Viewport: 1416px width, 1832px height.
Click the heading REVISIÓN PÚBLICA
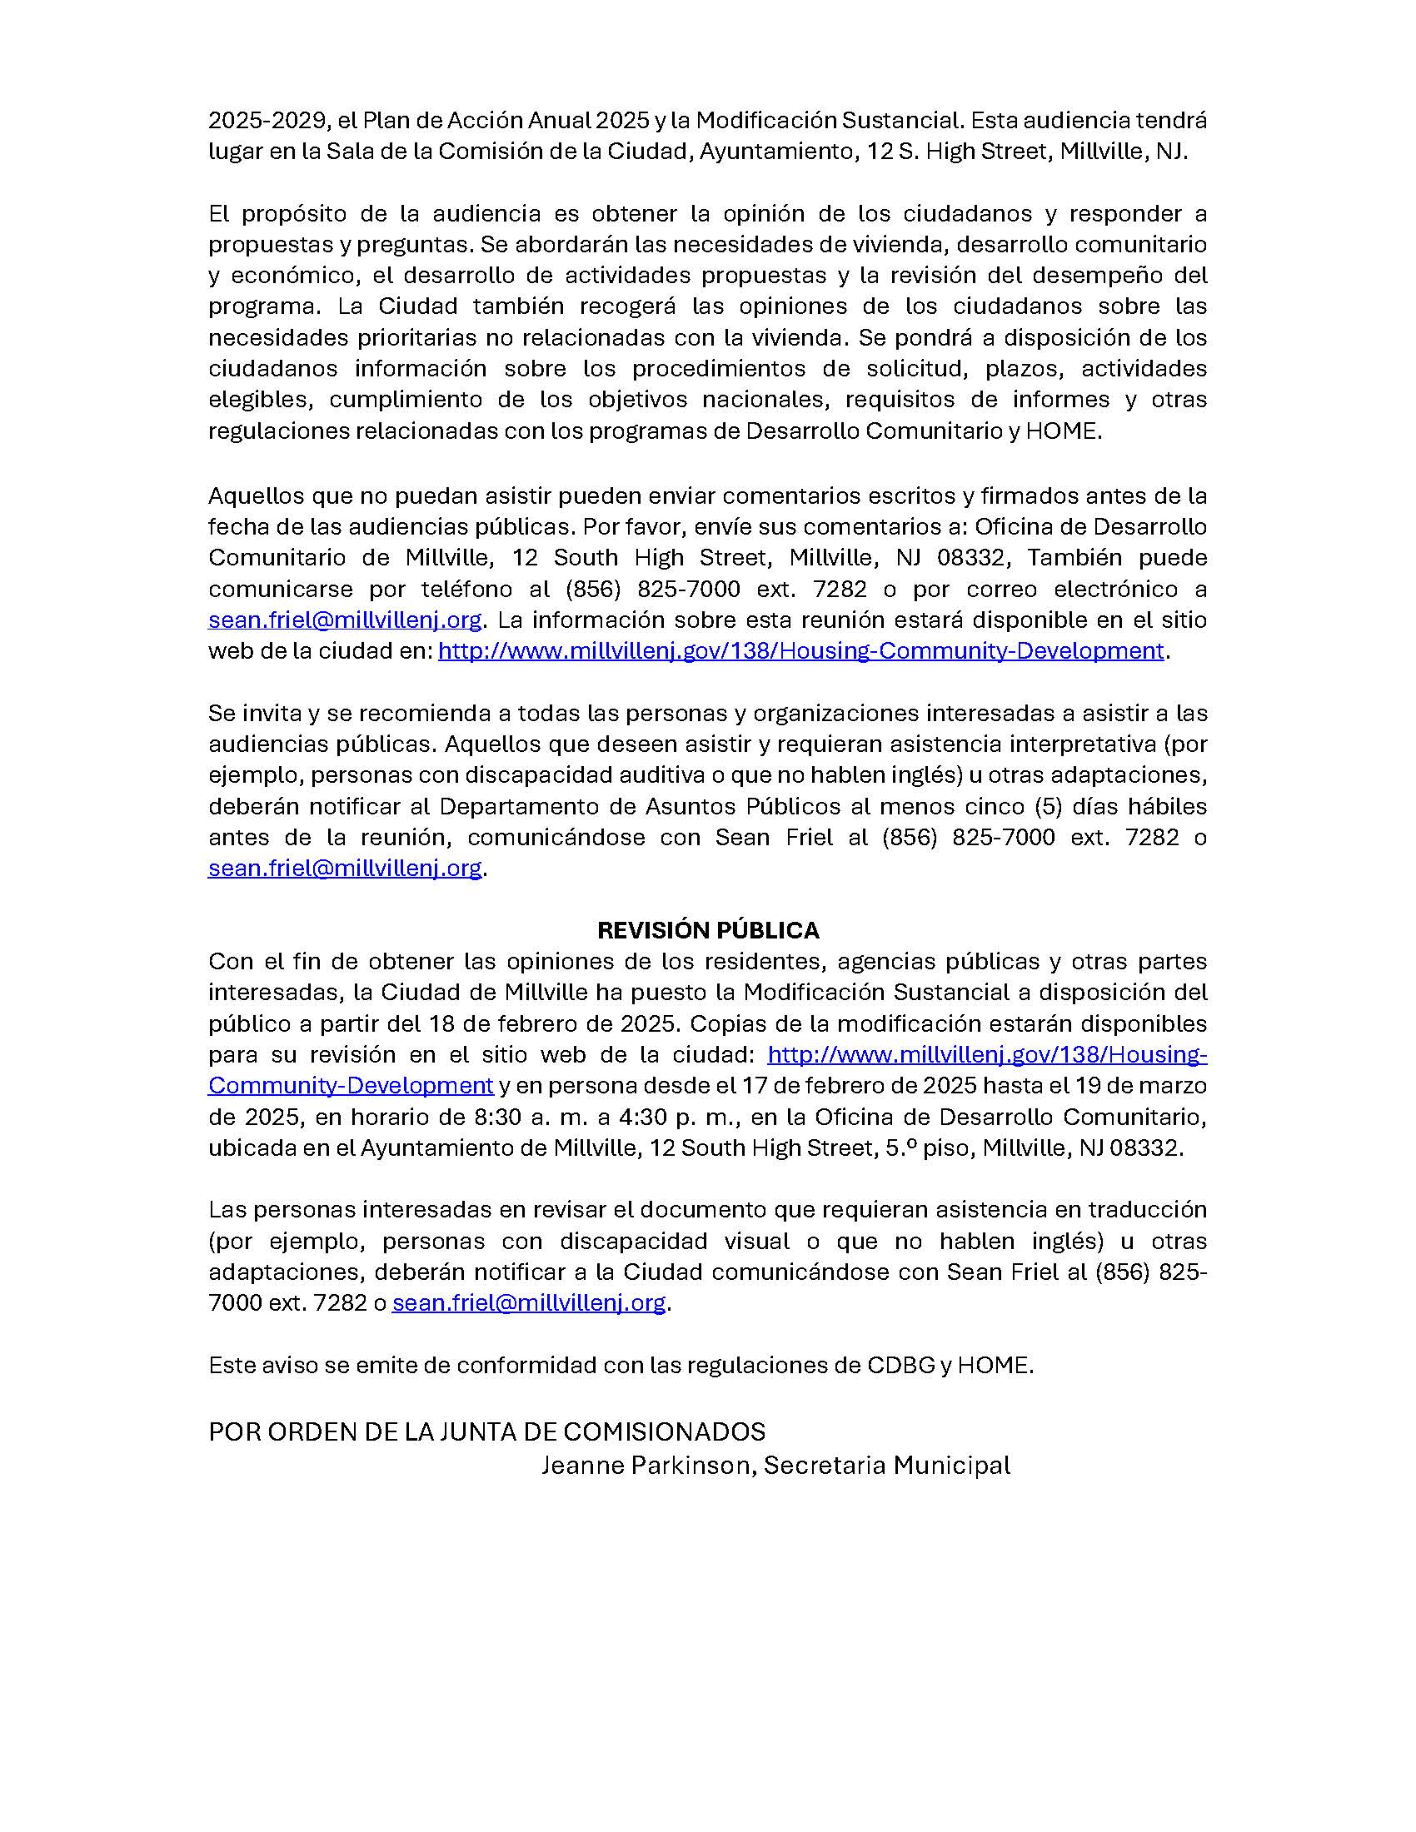708,930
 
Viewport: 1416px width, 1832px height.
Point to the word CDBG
901,1366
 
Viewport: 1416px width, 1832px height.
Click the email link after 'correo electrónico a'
345,620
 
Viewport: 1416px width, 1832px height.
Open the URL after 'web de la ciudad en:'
800,651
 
